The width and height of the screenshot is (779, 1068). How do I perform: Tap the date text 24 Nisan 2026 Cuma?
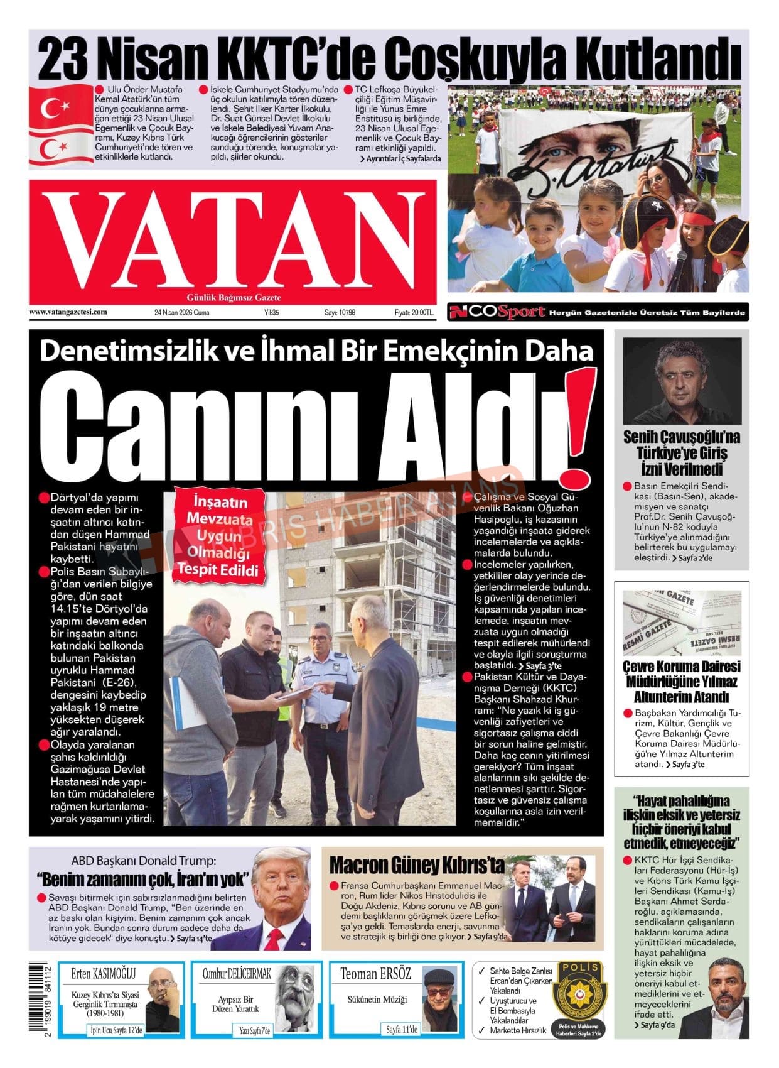click(181, 312)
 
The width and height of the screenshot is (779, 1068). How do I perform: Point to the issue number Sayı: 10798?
click(340, 312)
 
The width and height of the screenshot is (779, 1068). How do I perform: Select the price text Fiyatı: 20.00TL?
click(414, 312)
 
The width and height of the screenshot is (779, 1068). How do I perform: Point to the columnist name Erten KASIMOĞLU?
click(103, 974)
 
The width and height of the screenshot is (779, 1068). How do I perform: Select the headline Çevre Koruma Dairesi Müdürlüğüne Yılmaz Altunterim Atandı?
click(681, 682)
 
